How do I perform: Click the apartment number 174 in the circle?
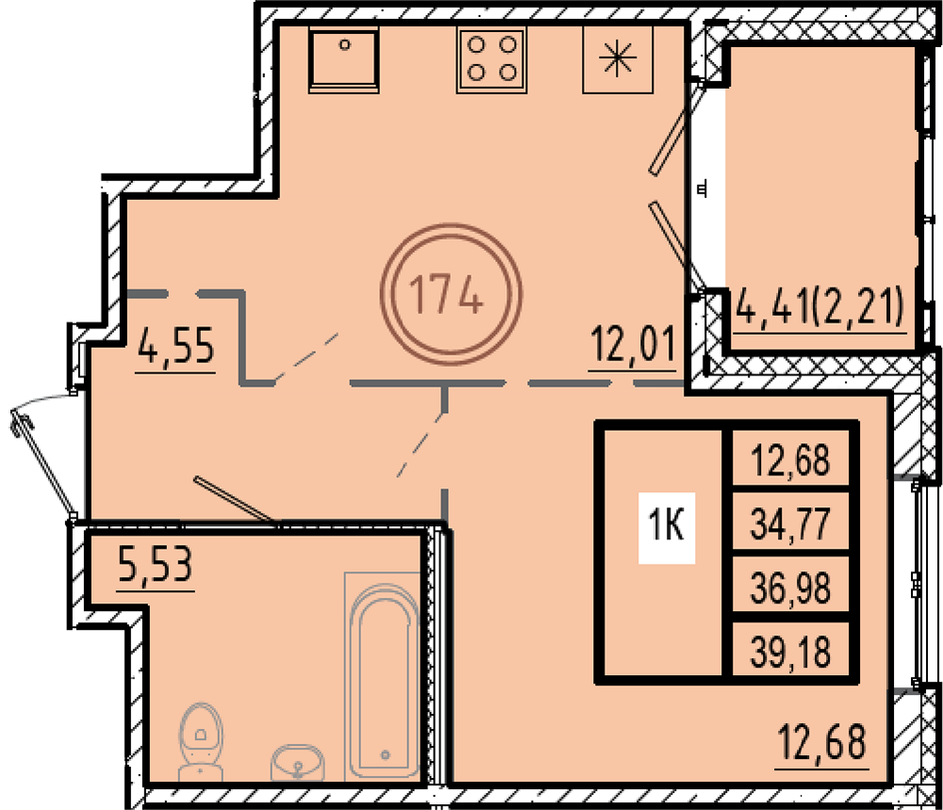coord(446,294)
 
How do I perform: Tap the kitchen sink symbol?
coord(344,59)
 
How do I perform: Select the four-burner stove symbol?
coord(492,59)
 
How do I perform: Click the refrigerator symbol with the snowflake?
coord(618,59)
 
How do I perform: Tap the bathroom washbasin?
coord(298,763)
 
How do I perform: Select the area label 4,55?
coord(175,346)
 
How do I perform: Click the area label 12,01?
coord(634,344)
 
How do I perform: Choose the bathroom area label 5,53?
coord(156,564)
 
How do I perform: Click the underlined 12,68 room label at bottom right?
coord(822,742)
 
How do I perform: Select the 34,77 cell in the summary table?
coord(790,523)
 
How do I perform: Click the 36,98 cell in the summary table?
coord(790,587)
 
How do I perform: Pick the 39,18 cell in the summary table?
coord(790,652)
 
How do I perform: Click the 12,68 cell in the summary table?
coord(790,459)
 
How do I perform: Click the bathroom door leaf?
coord(236,501)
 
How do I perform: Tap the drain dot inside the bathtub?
coord(386,754)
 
